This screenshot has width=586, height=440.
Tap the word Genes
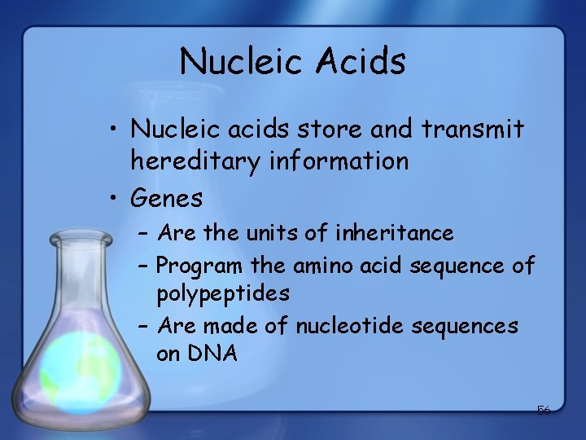pos(166,198)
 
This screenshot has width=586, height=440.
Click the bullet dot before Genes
pos(115,198)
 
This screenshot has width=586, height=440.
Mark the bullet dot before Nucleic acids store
pos(115,130)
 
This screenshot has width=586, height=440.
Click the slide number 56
pos(543,411)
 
